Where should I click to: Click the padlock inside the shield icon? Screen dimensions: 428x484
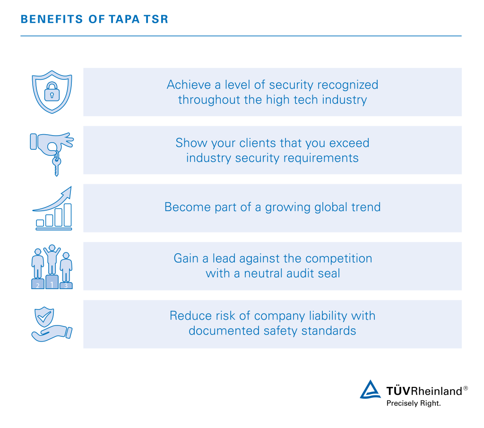52,93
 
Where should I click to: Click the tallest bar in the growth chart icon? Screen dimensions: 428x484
68,215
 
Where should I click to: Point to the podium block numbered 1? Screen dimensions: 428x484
52,282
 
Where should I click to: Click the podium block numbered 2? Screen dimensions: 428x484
37,284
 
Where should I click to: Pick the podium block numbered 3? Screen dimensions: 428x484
66,285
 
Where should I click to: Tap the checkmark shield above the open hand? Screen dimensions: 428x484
45,317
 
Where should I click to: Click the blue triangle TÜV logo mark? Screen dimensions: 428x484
370,390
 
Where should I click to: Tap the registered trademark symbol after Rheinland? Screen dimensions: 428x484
465,388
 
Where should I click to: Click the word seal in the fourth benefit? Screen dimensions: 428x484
329,273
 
